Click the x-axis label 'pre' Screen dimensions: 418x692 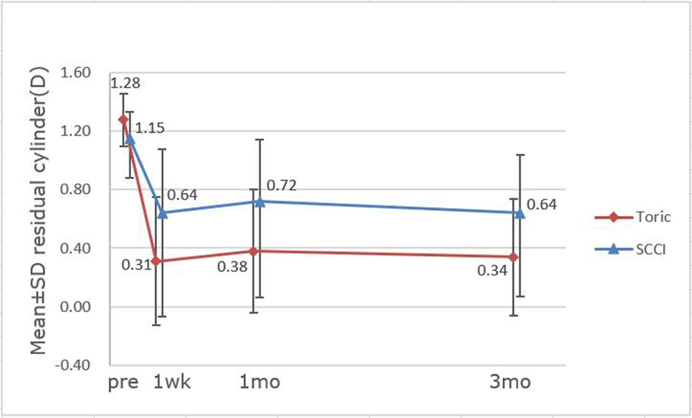point(123,382)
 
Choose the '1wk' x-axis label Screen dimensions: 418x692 point(172,382)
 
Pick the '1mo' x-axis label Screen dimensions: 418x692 point(260,382)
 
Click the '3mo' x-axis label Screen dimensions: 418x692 point(510,382)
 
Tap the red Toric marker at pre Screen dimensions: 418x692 point(123,119)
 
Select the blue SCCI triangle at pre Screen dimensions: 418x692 point(130,139)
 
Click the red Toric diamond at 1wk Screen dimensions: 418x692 point(156,261)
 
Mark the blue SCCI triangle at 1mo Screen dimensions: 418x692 point(260,201)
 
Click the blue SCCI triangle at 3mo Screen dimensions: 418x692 point(520,213)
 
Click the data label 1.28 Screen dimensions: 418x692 point(125,83)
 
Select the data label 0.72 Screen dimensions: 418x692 point(282,186)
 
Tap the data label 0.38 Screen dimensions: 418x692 point(232,267)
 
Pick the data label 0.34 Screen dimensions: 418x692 point(492,270)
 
